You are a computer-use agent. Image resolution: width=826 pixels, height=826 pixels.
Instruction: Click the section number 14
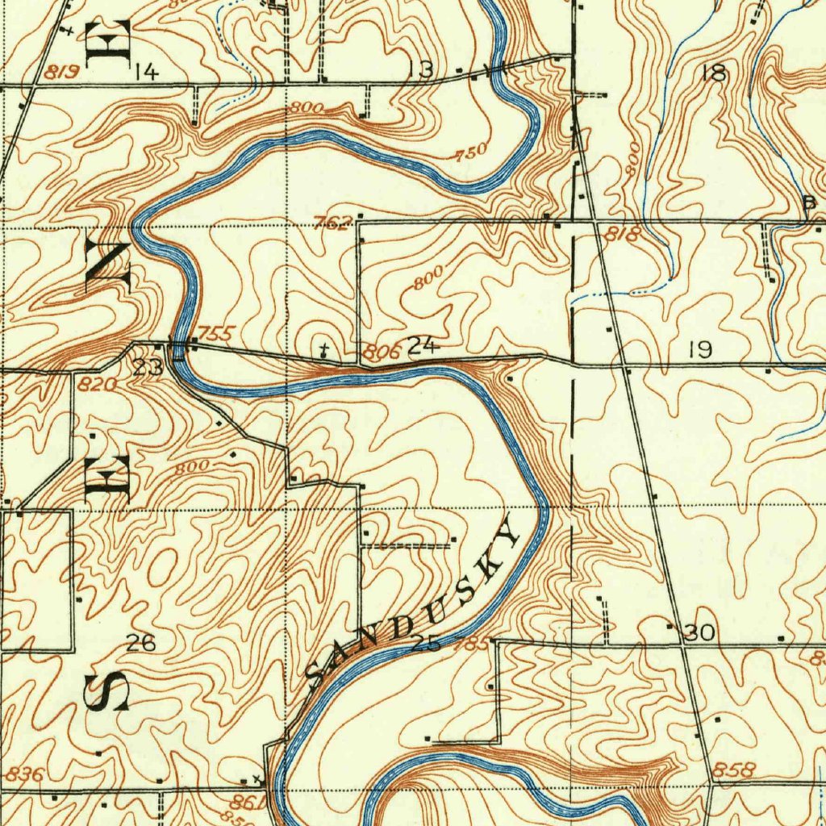coord(147,73)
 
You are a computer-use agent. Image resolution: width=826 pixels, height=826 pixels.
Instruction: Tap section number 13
coord(421,69)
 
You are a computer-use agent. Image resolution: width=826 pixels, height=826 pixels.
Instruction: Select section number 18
coord(714,73)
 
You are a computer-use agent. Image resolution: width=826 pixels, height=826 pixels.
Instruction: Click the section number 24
coord(423,347)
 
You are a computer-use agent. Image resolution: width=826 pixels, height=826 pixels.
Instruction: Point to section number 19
coord(700,349)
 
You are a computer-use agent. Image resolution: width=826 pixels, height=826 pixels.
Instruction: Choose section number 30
coord(699,634)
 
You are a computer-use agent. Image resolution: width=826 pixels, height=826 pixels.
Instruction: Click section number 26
coord(141,643)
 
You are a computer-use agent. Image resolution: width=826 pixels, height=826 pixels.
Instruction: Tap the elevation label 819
coord(61,72)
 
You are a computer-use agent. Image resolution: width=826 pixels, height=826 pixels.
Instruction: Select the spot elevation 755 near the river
coord(216,333)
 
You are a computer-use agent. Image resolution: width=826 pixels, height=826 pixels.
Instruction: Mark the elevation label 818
coord(624,235)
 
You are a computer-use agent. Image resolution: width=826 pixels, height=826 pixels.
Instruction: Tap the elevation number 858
coord(734,770)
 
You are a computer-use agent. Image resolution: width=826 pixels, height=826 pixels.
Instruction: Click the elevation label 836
coord(23,774)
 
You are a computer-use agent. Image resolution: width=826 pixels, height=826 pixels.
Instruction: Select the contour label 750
coord(471,151)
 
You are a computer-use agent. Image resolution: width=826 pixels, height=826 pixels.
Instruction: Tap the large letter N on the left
coord(108,261)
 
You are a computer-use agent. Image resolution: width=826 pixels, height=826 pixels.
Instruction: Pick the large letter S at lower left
coord(108,691)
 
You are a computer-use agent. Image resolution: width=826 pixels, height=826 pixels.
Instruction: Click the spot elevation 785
coord(472,644)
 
